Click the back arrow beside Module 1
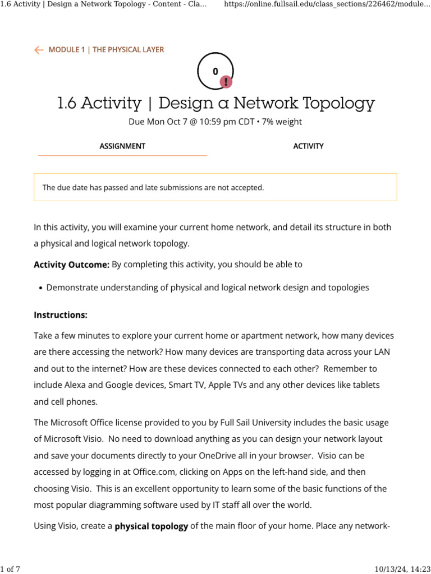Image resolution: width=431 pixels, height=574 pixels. click(39, 50)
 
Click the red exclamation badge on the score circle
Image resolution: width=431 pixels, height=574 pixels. click(226, 82)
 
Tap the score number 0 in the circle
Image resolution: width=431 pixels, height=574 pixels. click(215, 71)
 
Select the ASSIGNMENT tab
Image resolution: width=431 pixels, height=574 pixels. click(122, 146)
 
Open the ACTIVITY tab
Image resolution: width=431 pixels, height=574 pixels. click(308, 146)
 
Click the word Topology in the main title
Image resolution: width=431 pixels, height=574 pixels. click(338, 103)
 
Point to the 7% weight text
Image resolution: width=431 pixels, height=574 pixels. click(282, 122)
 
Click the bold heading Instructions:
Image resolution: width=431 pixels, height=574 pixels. click(61, 315)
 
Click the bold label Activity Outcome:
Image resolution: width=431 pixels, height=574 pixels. click(71, 265)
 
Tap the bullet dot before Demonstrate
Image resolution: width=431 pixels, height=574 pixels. click(40, 288)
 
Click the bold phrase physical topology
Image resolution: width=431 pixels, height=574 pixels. click(151, 526)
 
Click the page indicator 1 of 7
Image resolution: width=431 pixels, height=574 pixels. click(11, 570)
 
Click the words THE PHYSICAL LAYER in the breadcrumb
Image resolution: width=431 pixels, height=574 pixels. click(129, 50)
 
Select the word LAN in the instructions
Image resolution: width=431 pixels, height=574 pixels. click(370, 352)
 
